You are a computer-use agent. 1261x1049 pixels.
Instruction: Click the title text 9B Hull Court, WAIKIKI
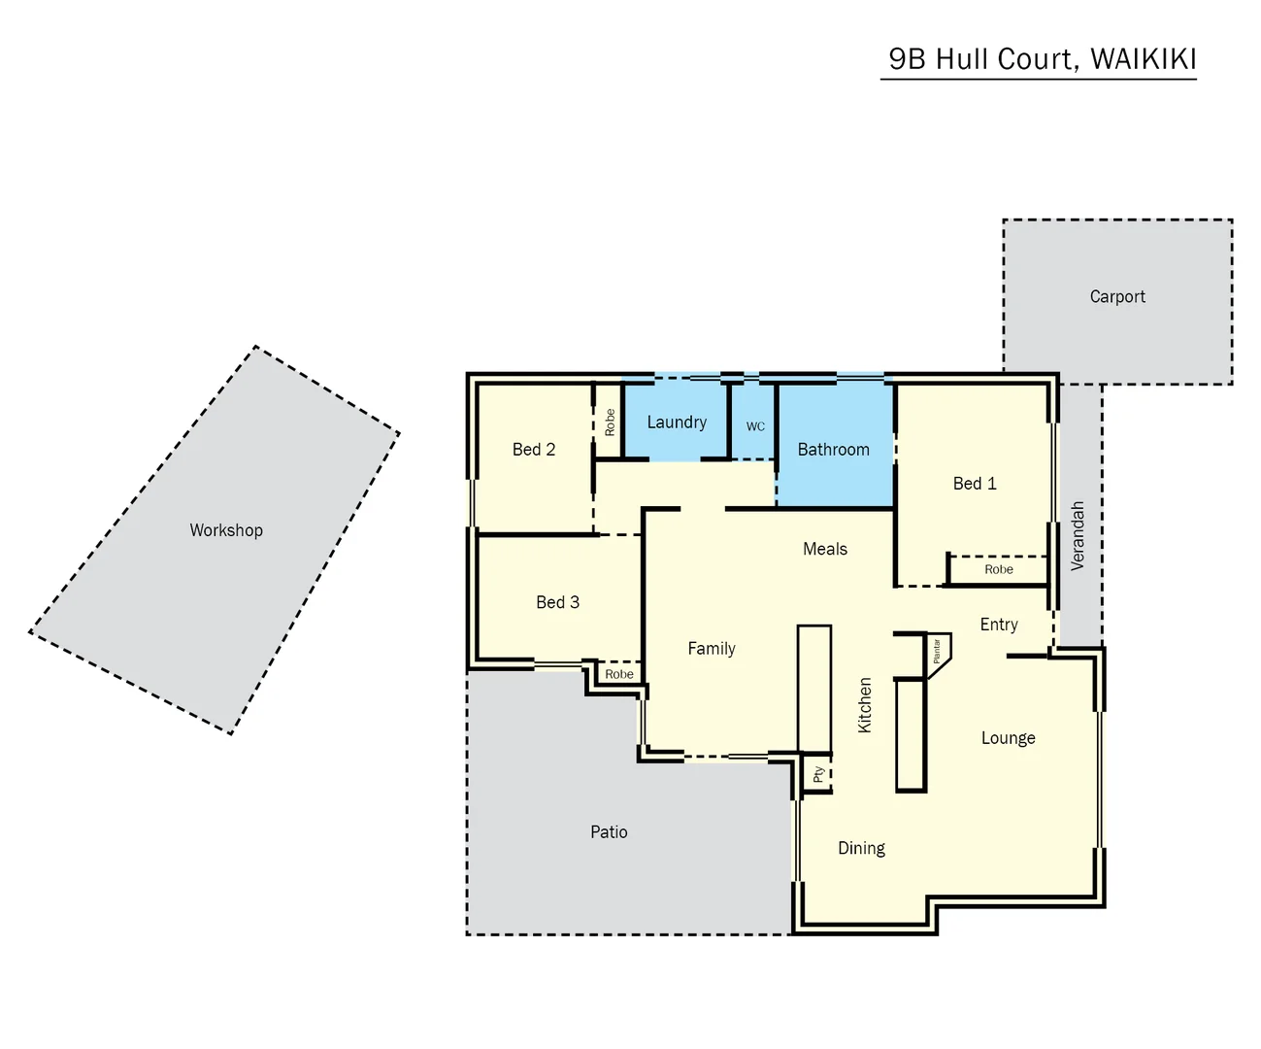tap(1042, 59)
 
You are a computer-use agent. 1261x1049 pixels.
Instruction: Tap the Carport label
tap(1117, 297)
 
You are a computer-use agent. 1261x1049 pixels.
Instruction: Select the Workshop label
tap(226, 530)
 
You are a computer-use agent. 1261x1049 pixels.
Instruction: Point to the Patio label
tap(609, 832)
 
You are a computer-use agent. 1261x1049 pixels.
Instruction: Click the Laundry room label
tap(677, 423)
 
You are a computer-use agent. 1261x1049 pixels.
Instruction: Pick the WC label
tap(755, 426)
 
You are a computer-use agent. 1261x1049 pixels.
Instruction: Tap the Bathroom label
tap(833, 450)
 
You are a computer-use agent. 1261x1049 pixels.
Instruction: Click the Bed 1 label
tap(975, 484)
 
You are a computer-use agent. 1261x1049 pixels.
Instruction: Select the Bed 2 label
tap(534, 450)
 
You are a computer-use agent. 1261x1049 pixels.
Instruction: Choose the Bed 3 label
tap(557, 602)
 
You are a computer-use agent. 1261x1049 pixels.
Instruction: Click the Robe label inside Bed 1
tap(999, 570)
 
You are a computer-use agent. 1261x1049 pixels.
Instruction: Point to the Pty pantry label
tap(819, 775)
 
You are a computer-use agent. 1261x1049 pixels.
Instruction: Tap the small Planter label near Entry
tap(937, 651)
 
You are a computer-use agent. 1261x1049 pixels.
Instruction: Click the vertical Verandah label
tap(1078, 535)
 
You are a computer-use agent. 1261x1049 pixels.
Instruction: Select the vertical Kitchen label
tap(865, 704)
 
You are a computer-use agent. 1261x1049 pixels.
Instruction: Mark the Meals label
tap(825, 550)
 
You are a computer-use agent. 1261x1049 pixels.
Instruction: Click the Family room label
tap(712, 649)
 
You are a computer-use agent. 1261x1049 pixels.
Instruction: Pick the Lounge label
tap(1008, 738)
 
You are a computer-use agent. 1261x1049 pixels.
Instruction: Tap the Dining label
tap(861, 849)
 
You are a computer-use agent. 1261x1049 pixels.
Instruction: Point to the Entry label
tap(999, 625)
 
